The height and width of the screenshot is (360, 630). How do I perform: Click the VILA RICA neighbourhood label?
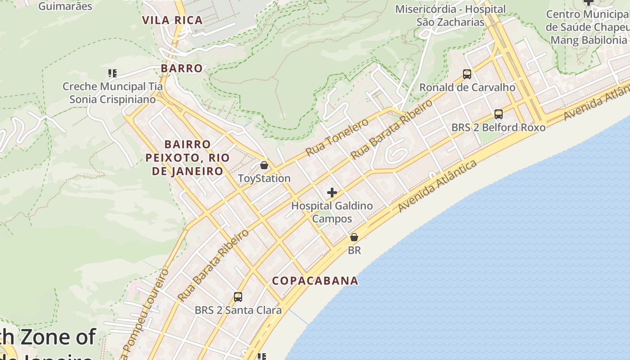point(172,20)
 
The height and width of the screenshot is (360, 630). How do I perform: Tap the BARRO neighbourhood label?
point(182,68)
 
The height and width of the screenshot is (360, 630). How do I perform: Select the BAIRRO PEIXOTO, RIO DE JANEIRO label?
point(188,157)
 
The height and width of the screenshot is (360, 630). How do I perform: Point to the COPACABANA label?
point(315,281)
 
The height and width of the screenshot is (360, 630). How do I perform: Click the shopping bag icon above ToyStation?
point(264,165)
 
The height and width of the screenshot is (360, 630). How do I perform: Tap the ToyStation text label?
point(264,178)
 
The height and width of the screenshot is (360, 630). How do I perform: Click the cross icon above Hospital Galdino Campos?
point(332,193)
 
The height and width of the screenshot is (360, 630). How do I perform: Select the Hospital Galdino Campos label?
point(332,212)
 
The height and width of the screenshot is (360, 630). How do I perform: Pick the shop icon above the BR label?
point(354,237)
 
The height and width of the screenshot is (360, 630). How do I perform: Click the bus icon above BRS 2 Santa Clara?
point(238,297)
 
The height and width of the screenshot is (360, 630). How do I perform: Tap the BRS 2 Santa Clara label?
point(238,310)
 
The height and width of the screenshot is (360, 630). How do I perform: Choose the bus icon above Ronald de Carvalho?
point(467,74)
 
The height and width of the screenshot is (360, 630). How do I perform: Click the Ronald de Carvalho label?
point(467,87)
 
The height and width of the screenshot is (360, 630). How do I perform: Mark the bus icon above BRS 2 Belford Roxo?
point(499,114)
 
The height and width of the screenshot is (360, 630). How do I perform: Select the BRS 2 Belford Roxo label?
point(499,127)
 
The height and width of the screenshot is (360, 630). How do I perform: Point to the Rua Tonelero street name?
point(337,137)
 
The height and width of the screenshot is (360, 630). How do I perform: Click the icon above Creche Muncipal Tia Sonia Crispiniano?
point(112,73)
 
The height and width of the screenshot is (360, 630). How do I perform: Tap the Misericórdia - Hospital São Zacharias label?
point(450,15)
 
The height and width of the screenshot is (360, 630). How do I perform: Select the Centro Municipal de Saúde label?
point(588,27)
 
